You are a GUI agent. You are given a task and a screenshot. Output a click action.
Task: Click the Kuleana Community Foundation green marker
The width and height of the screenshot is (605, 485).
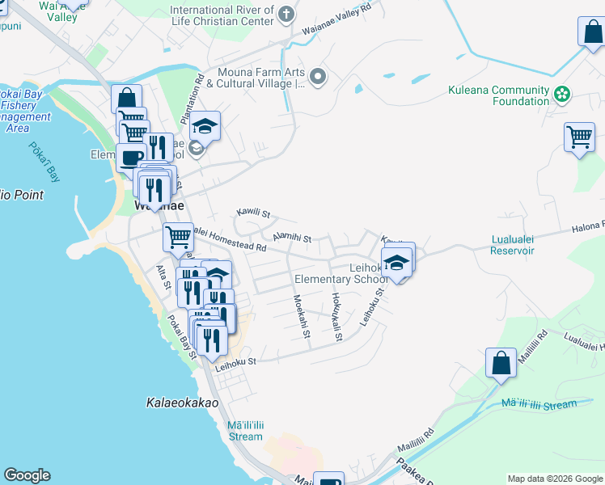pyautogui.click(x=562, y=96)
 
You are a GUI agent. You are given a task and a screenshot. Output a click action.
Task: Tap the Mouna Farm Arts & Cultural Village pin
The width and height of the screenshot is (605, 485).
pyautogui.click(x=318, y=78)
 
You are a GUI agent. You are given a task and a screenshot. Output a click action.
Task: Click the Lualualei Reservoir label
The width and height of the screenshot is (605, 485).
pyautogui.click(x=513, y=245)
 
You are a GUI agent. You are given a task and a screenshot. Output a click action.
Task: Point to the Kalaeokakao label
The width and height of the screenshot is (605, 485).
pyautogui.click(x=183, y=402)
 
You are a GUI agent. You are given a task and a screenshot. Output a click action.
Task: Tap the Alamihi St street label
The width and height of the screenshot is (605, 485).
pyautogui.click(x=292, y=237)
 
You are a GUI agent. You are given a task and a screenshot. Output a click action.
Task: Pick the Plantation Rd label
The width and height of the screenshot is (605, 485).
pyautogui.click(x=199, y=92)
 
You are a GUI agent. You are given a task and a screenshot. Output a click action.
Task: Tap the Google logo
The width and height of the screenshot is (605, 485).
pyautogui.click(x=27, y=475)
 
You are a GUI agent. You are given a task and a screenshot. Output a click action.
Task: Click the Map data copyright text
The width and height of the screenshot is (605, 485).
pyautogui.click(x=555, y=479)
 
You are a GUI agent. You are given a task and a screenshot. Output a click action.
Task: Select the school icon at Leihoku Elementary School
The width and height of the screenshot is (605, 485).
pyautogui.click(x=397, y=263)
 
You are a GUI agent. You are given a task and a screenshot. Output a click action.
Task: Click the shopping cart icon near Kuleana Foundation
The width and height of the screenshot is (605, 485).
pyautogui.click(x=579, y=137)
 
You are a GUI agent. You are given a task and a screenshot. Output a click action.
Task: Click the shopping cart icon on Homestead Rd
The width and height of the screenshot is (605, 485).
pyautogui.click(x=178, y=237)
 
